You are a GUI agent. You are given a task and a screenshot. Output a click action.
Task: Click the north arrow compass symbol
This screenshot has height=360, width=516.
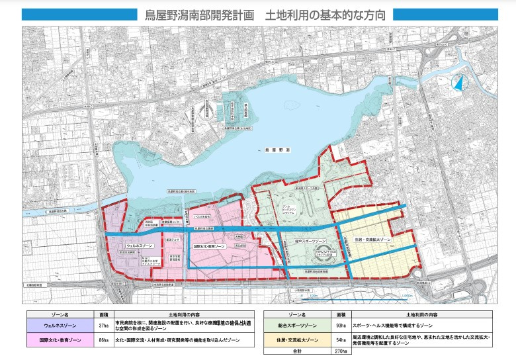pos(456,84)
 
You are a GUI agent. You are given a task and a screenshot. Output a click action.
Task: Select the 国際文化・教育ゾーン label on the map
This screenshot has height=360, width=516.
pos(210,246)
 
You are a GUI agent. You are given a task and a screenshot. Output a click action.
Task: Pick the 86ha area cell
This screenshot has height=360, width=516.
pos(103,341)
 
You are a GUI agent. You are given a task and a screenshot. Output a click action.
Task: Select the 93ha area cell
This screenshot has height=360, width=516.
pos(340,325)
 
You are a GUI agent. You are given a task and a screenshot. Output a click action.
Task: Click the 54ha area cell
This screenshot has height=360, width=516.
pos(340,341)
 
